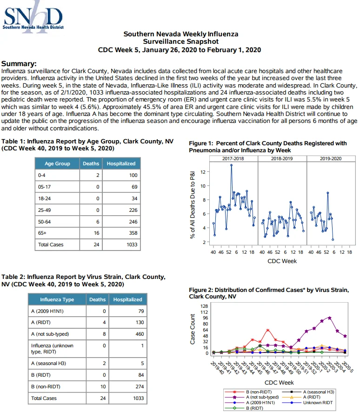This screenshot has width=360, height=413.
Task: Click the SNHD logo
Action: (x=33, y=17)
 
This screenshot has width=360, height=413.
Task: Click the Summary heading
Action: (x=19, y=64)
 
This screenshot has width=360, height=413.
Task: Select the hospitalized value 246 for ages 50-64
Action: (x=133, y=222)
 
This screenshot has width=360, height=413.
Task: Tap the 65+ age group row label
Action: (x=42, y=233)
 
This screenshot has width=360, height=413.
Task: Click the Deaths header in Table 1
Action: (x=91, y=163)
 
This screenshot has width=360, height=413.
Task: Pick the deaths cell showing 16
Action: (x=97, y=233)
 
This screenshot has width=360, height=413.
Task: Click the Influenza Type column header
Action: (x=57, y=299)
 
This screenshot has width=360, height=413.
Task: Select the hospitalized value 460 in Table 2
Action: (x=140, y=334)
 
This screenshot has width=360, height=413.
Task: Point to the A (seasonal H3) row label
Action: (x=48, y=364)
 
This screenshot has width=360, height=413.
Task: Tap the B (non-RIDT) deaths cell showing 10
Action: (x=103, y=386)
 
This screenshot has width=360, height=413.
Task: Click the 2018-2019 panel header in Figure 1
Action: (x=282, y=159)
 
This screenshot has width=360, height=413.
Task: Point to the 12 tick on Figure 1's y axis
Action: (x=203, y=172)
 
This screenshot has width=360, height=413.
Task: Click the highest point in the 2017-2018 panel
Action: (x=231, y=165)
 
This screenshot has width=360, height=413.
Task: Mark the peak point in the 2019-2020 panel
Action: (x=327, y=193)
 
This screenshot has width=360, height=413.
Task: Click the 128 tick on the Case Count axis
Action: (x=204, y=306)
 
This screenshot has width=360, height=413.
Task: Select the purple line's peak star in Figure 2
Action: (x=330, y=318)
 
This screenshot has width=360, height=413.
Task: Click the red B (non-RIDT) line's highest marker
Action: (x=268, y=330)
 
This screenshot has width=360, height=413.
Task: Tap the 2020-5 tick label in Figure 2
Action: (x=347, y=366)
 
